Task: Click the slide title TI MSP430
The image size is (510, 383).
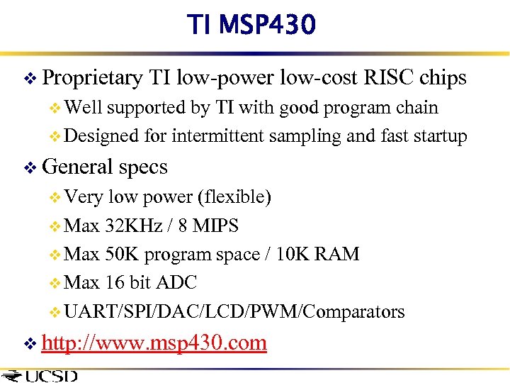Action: click(251, 26)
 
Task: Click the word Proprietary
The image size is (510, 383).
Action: click(92, 77)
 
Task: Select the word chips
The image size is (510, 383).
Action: click(443, 77)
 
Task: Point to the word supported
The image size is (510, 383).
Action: click(147, 108)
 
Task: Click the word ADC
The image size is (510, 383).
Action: click(174, 282)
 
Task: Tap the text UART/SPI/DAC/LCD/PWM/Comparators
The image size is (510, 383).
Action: click(234, 311)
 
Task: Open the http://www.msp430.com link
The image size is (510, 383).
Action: click(154, 343)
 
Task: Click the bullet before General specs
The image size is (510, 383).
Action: click(30, 168)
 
